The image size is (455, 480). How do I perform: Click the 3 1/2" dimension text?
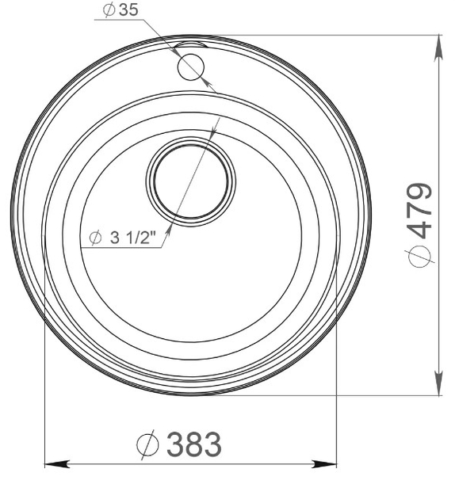(135, 237)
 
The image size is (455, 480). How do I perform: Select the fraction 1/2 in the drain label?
(143, 237)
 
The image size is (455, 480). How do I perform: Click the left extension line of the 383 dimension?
(44, 396)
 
